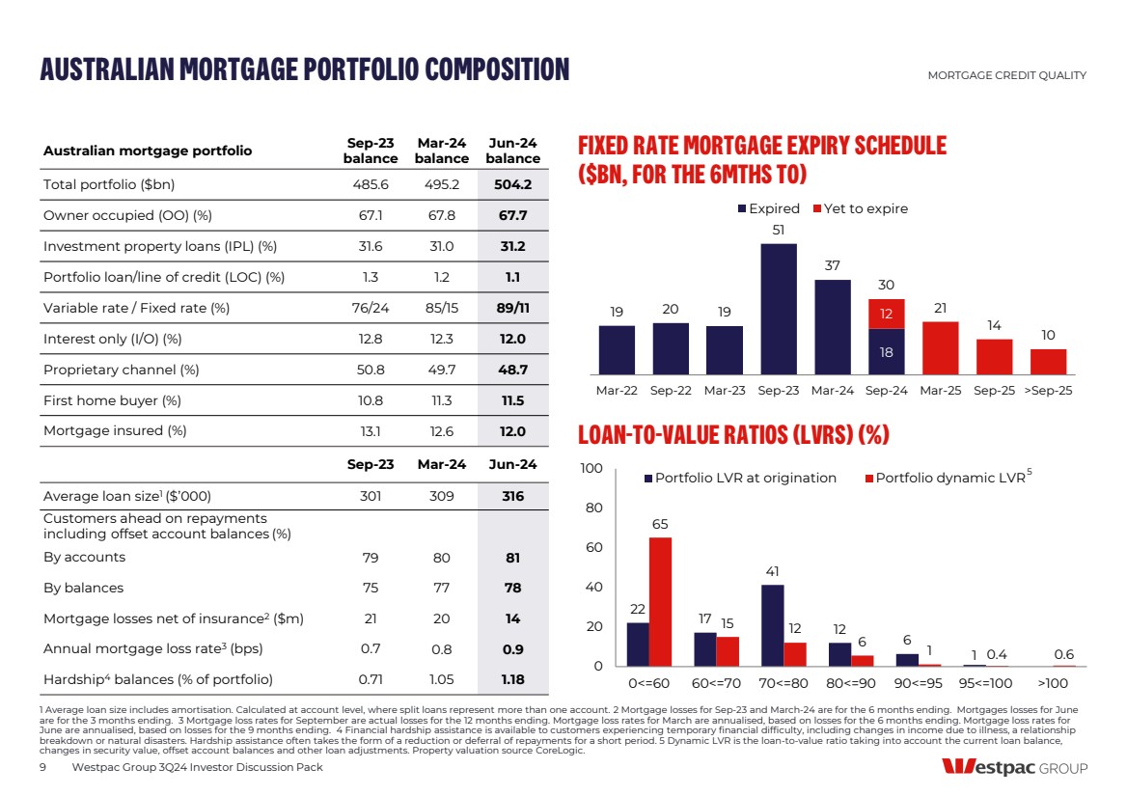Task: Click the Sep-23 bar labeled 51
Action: click(x=779, y=308)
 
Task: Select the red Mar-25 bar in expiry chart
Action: click(x=941, y=347)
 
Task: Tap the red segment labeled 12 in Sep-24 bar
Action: click(x=887, y=314)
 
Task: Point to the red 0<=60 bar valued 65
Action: click(x=660, y=601)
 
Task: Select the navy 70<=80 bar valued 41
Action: click(x=772, y=625)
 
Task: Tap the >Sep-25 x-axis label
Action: click(x=1048, y=391)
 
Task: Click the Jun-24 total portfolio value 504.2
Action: click(x=512, y=184)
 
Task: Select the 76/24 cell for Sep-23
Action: click(x=371, y=308)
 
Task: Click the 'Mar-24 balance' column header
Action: click(x=442, y=151)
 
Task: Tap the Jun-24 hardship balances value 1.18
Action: click(x=512, y=678)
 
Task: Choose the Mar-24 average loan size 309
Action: click(x=442, y=497)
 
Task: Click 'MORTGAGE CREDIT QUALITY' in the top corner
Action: click(x=1006, y=75)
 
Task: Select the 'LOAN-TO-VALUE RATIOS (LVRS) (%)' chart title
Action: click(x=732, y=436)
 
